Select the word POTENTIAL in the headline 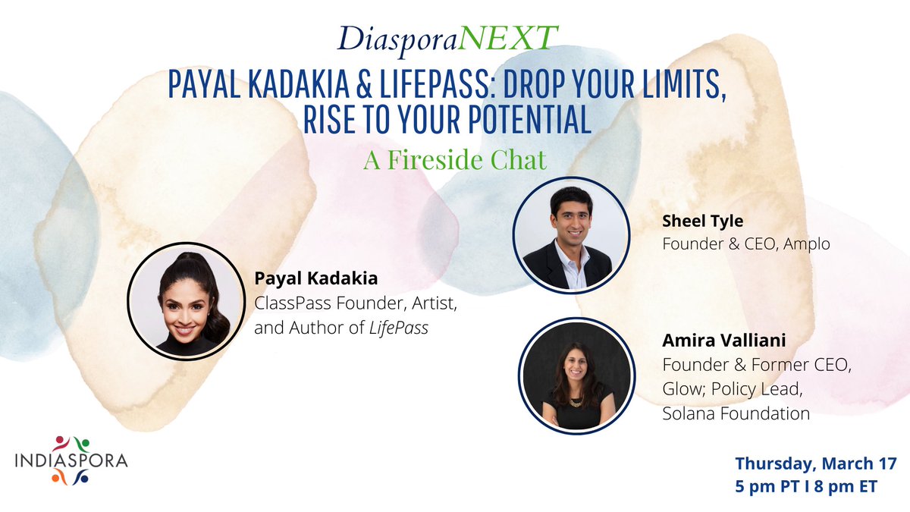525,122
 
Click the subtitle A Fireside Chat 454,161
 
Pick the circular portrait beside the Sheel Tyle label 571,236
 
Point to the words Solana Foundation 736,414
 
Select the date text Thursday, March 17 816,463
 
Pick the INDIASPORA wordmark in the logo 72,460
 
